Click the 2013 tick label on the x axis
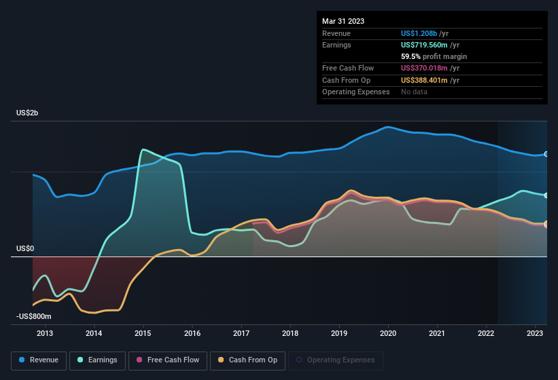click(45, 333)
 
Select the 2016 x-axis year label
click(192, 333)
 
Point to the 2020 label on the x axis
click(388, 333)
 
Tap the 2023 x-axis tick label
click(535, 333)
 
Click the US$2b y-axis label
click(28, 113)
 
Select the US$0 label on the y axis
click(25, 248)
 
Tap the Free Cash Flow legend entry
click(168, 360)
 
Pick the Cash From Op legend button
click(247, 360)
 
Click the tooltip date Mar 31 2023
click(343, 21)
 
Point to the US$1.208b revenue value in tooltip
click(423, 33)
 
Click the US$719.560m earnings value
click(428, 45)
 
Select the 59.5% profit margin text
click(434, 56)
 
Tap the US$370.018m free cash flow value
click(428, 68)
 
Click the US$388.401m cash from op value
click(428, 80)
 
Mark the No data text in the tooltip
click(414, 92)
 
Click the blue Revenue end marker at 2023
click(546, 155)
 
